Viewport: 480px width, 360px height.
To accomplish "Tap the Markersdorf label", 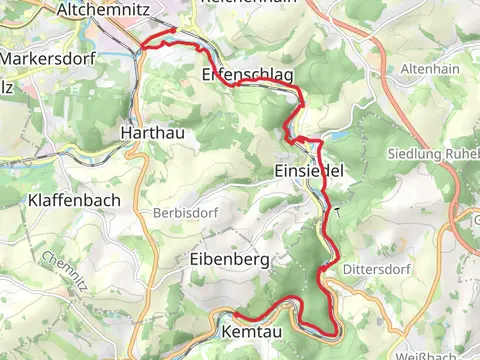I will tap(49, 59).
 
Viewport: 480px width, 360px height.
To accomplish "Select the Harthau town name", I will tap(149, 132).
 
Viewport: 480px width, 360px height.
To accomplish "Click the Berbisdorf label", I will tap(185, 214).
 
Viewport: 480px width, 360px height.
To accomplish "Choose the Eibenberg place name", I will tap(229, 260).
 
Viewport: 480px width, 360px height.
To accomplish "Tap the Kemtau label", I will tap(251, 329).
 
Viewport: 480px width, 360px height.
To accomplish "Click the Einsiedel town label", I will tap(308, 172).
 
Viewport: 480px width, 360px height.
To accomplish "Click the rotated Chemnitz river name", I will tap(65, 272).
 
